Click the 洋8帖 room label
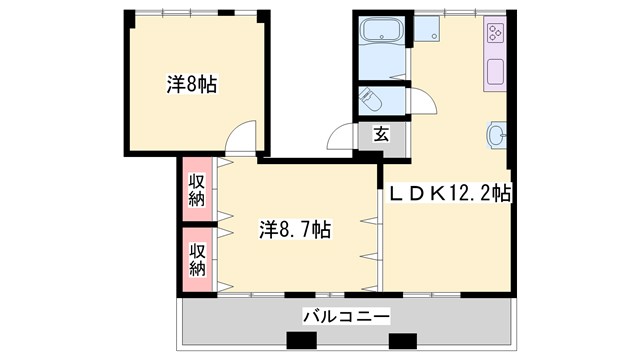coord(191,85)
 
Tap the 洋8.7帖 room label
coord(296,230)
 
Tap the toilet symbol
coord(371,101)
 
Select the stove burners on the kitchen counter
coord(495,33)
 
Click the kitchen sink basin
coord(495,73)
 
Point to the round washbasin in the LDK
coord(497,135)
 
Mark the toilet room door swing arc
coord(422,100)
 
